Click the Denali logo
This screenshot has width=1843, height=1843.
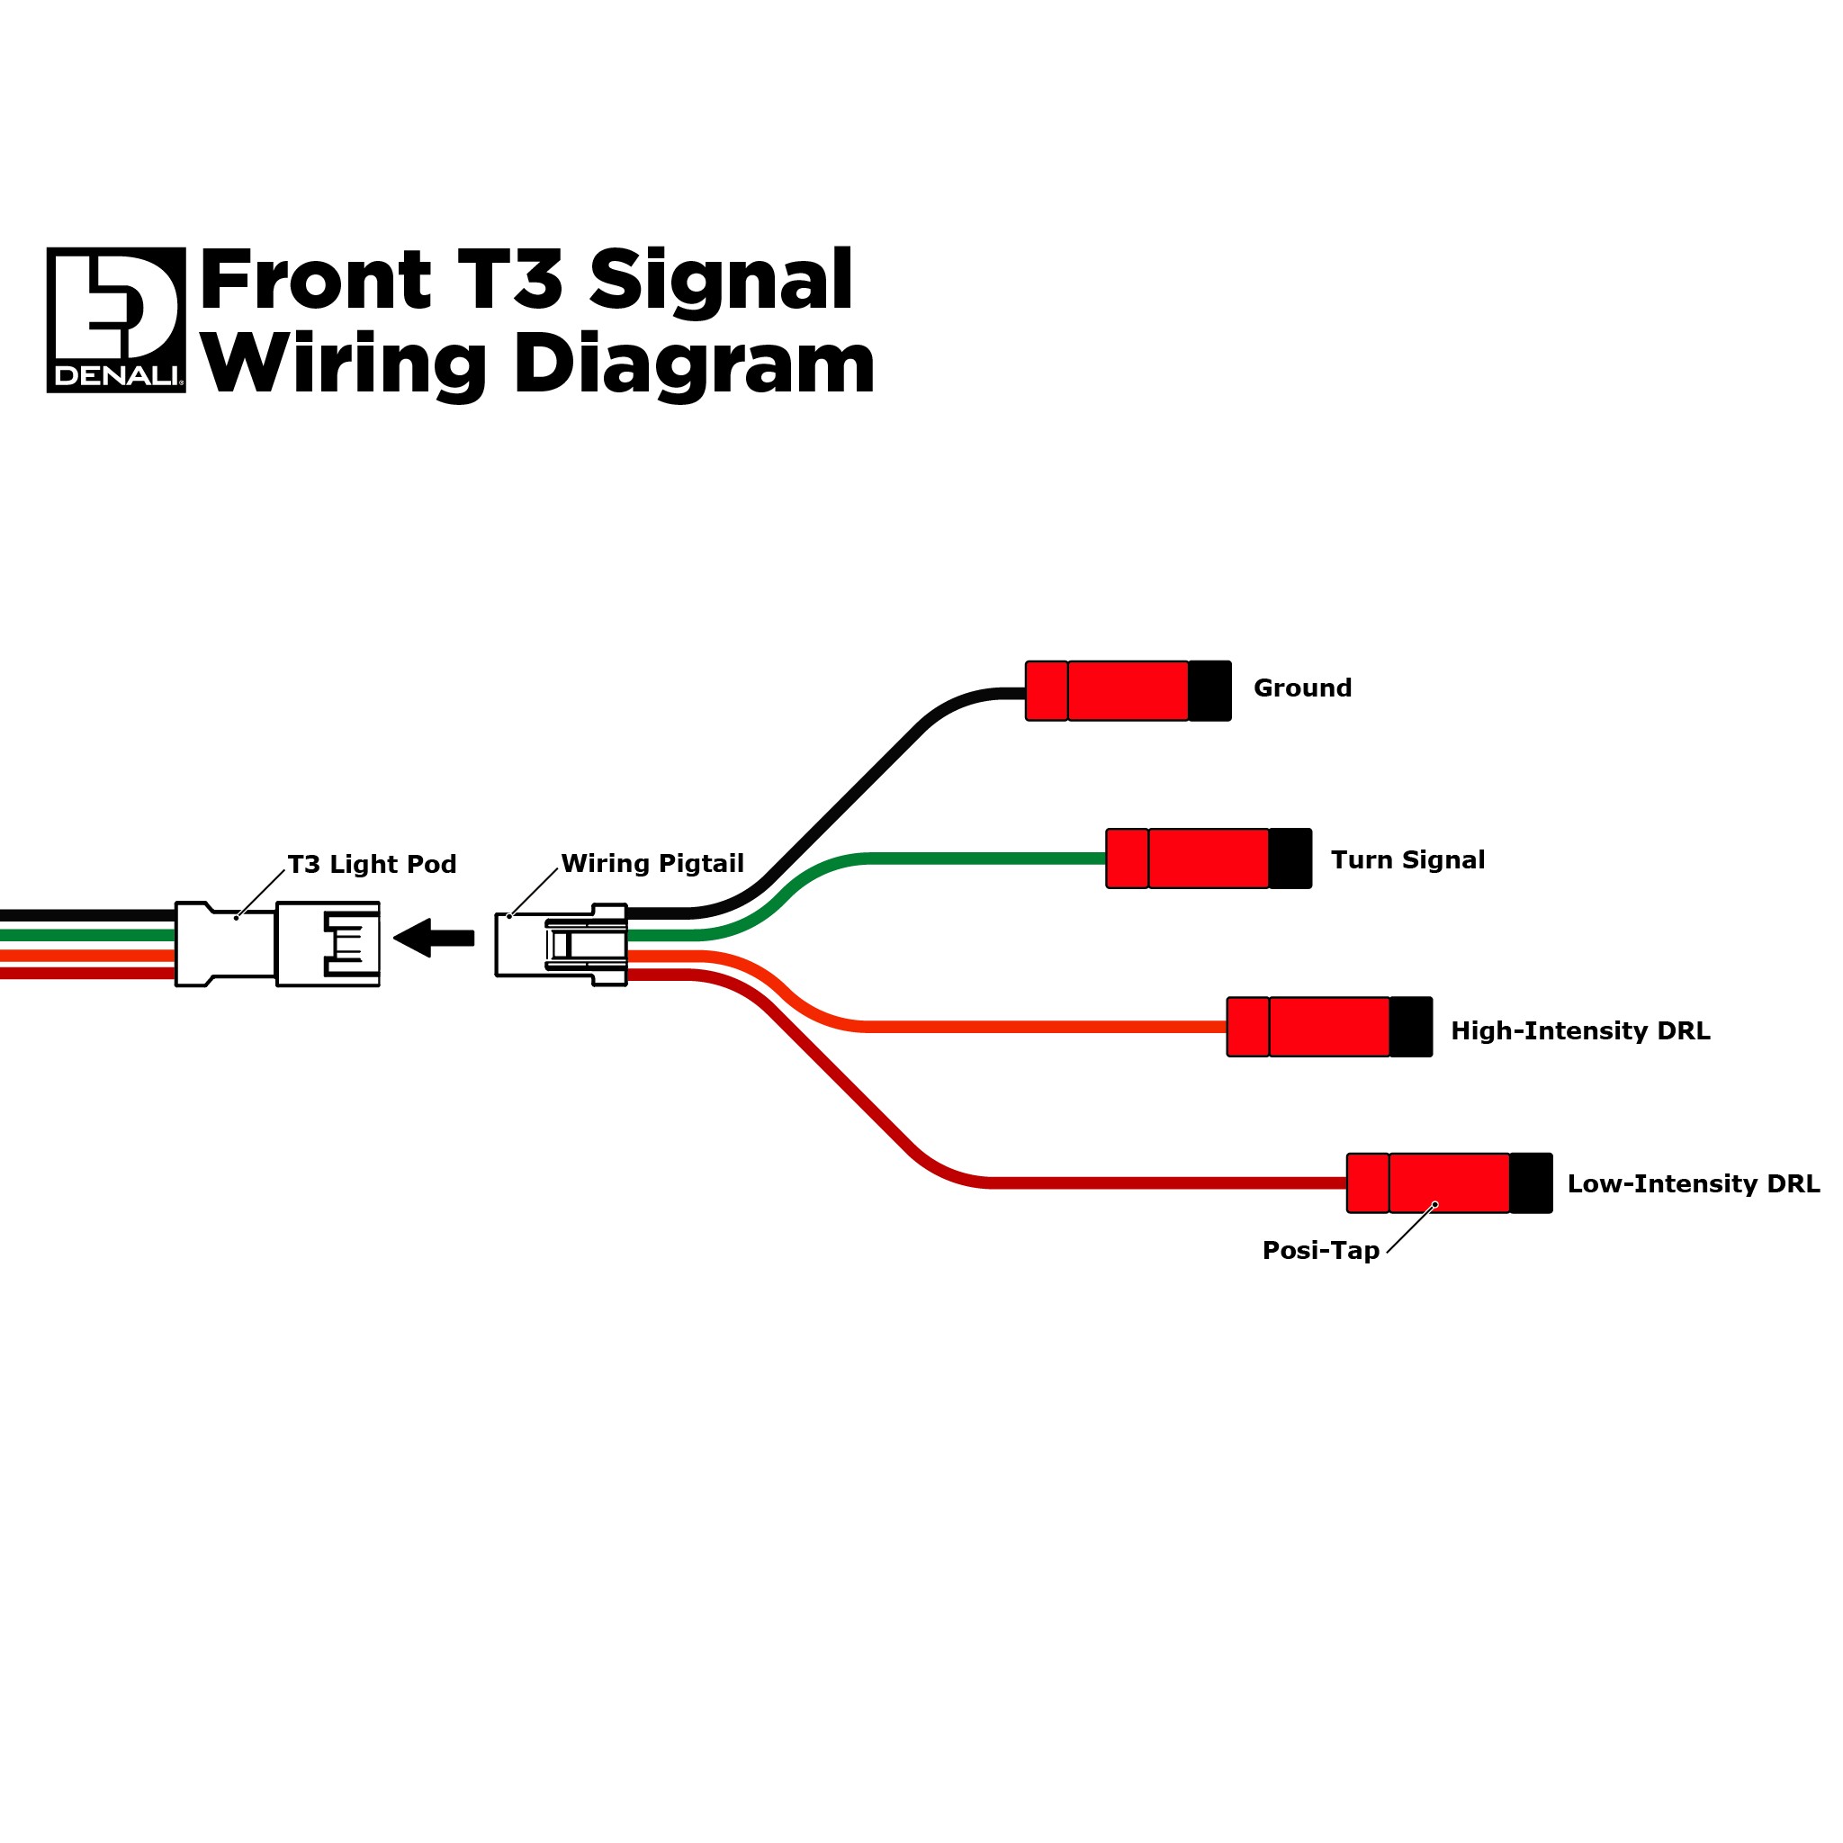point(116,320)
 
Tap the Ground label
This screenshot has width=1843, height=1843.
point(1302,688)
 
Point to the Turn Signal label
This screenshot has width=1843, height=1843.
point(1408,860)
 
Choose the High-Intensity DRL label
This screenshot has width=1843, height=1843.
point(1580,1031)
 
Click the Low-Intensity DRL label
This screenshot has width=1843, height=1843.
point(1694,1185)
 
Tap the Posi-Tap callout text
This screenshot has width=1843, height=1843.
point(1320,1252)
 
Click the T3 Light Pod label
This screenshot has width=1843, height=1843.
point(372,865)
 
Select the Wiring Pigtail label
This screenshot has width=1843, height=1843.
point(652,864)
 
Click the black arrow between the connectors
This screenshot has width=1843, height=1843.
point(434,939)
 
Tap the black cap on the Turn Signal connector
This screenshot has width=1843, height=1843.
point(1290,859)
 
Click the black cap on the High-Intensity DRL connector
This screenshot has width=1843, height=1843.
point(1412,1028)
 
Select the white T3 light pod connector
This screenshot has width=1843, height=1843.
point(277,944)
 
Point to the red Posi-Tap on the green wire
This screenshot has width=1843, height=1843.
point(1189,859)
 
